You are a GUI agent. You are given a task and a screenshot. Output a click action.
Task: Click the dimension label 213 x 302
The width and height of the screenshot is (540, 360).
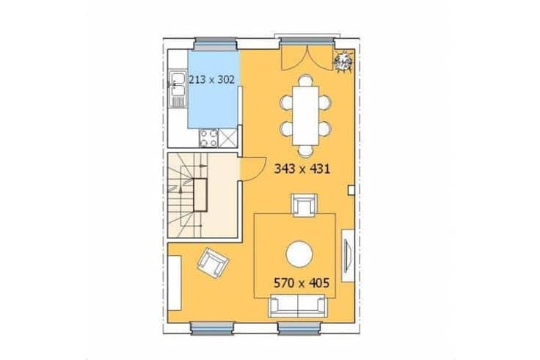pos(212,79)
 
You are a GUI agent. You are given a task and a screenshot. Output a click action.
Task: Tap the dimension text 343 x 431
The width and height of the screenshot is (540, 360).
pos(302,169)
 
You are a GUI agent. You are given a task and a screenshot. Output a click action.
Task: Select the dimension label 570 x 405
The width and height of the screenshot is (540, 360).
pos(302,283)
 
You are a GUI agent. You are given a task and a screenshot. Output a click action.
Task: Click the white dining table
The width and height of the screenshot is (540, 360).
pos(305,116)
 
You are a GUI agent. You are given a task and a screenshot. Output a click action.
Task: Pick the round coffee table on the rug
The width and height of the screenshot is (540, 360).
pos(299,254)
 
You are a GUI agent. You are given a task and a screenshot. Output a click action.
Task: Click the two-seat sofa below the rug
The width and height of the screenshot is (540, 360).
pos(298,306)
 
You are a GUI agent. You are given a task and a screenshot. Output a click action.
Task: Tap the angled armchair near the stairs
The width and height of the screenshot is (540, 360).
pos(214,263)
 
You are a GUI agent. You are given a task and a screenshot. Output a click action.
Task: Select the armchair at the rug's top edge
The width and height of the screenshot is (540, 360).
pos(304,205)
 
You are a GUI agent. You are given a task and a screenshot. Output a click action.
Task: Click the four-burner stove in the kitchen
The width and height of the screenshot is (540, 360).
pos(208,138)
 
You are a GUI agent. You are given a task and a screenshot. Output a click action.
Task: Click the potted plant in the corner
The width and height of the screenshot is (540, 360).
pos(343,62)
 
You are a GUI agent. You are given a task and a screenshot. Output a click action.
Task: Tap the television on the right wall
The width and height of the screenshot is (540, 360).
pos(347,256)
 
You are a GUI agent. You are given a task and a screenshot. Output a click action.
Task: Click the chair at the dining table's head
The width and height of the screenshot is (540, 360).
pos(305,81)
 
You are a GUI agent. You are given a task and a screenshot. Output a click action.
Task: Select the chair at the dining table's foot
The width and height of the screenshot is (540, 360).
pos(305,151)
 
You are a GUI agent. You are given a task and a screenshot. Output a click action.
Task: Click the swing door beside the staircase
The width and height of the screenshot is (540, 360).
pos(252,169)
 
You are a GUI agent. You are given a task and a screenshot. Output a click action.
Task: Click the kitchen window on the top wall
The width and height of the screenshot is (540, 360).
pos(216,43)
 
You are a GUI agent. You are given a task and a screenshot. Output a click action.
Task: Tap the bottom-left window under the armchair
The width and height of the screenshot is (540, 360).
pos(213,328)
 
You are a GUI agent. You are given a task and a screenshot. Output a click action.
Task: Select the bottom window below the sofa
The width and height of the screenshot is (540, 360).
pos(299,328)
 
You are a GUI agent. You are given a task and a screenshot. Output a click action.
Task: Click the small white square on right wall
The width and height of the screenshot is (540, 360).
pos(351,190)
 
